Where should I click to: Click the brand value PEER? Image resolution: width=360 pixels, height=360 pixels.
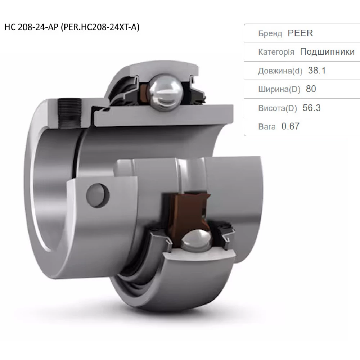click(x=300, y=33)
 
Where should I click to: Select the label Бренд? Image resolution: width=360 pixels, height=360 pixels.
click(x=270, y=34)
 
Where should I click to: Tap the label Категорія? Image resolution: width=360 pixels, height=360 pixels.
click(x=276, y=52)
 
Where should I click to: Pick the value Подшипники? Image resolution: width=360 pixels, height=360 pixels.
click(x=327, y=52)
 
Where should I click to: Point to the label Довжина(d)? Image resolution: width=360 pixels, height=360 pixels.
click(x=280, y=71)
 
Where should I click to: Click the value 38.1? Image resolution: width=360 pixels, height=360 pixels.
click(x=317, y=71)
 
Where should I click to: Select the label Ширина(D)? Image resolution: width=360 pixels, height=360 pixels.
click(x=279, y=89)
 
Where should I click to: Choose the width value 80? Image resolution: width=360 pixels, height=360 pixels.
click(x=311, y=89)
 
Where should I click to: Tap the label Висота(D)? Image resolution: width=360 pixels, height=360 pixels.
click(x=278, y=108)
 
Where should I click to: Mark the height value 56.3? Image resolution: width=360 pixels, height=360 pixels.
click(x=312, y=108)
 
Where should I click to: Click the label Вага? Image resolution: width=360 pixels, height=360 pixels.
click(x=267, y=126)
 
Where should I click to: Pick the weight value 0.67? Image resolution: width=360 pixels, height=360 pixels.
click(x=290, y=126)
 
